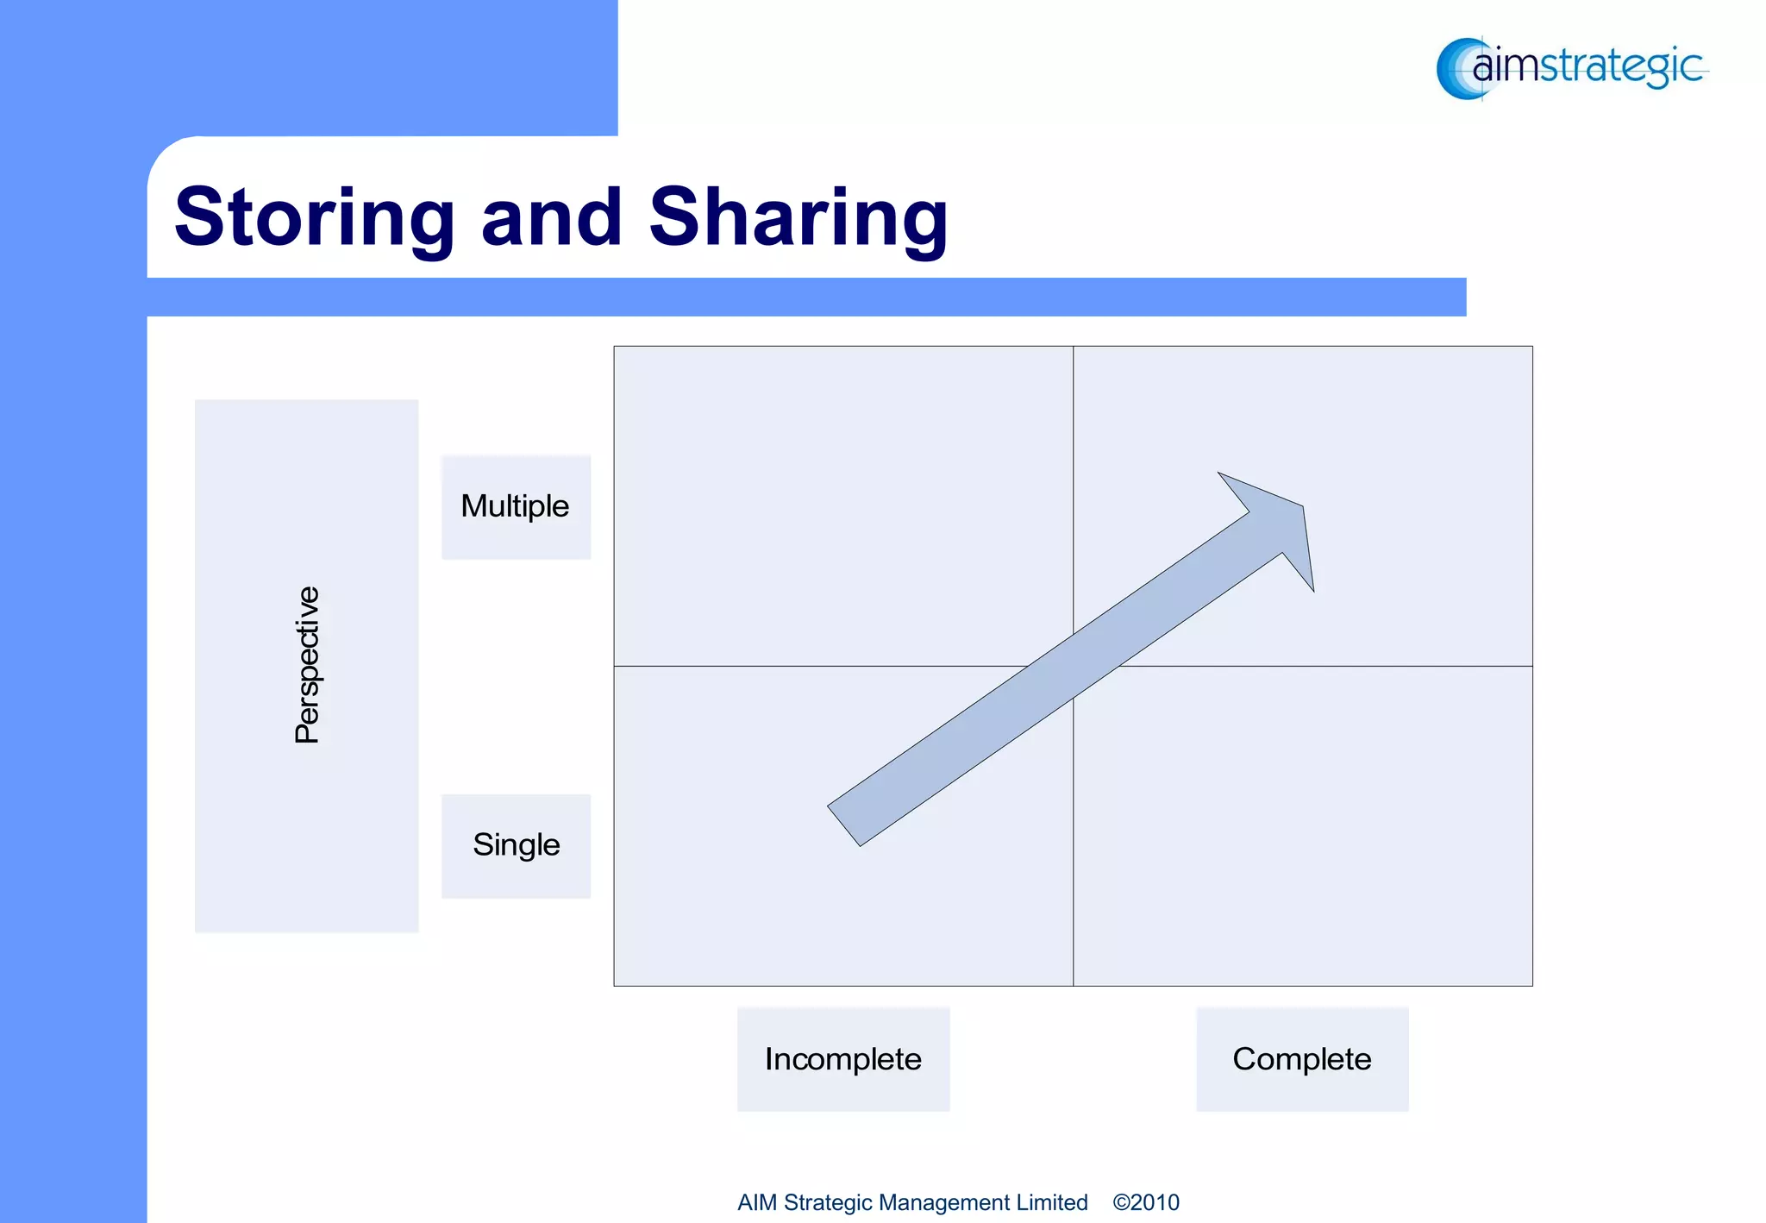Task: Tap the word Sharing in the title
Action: pos(798,217)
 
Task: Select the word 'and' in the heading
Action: pos(551,217)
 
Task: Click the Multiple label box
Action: pos(516,506)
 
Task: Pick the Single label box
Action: pos(516,845)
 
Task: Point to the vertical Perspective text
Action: pos(307,665)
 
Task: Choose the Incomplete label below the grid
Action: pos(842,1058)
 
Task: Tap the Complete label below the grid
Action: pos(1301,1058)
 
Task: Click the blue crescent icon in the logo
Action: pos(1456,69)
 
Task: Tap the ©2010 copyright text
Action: pos(1145,1202)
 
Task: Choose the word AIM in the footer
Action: pos(757,1202)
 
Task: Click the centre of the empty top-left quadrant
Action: pos(843,506)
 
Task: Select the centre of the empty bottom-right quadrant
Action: pos(1302,825)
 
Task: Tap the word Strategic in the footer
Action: pos(827,1202)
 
